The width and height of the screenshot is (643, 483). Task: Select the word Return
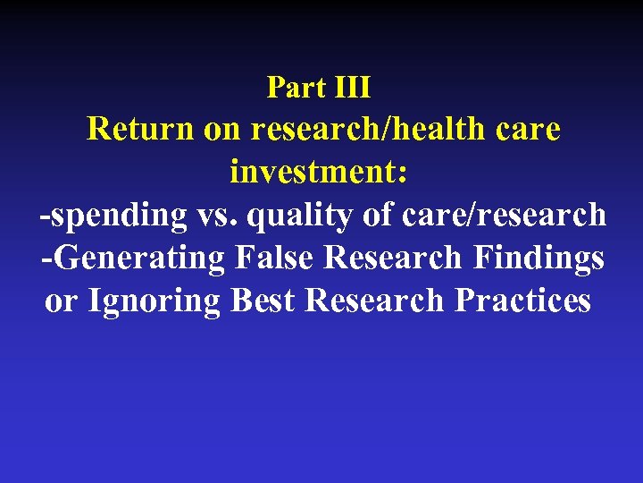[140, 130]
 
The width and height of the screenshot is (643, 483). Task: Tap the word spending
[112, 216]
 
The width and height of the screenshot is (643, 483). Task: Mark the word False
[276, 258]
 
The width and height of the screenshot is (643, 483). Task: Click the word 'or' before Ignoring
[61, 301]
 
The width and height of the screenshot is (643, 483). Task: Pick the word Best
[263, 301]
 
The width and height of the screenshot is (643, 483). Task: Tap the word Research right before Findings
[393, 258]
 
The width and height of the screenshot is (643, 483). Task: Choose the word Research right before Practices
[375, 301]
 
